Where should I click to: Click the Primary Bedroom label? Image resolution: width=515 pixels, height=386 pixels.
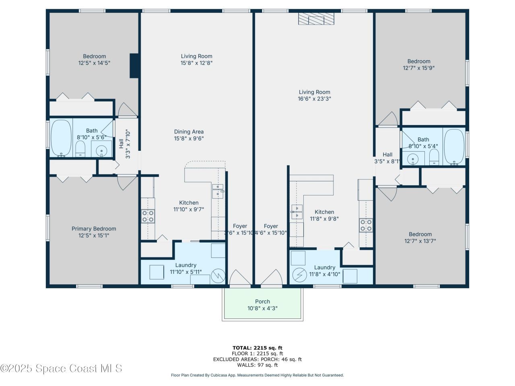[94, 229]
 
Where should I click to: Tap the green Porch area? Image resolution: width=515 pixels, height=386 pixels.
[262, 306]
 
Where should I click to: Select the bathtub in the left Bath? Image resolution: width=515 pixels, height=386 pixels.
[62, 138]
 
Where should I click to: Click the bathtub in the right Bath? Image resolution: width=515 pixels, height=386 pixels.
[454, 147]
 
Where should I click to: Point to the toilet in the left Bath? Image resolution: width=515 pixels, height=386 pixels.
[80, 149]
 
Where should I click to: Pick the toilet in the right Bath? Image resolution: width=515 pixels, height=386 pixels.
[433, 157]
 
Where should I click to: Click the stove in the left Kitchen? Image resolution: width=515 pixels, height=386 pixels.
[148, 216]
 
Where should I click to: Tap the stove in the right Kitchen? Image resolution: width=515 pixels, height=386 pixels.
[366, 225]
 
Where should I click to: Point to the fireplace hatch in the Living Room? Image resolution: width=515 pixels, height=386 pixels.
[316, 19]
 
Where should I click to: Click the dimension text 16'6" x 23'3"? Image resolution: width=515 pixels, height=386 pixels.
[314, 99]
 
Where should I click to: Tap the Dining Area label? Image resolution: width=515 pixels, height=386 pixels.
[189, 131]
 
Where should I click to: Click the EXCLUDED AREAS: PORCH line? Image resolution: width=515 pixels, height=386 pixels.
[257, 359]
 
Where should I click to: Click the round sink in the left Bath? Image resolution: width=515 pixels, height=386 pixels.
[101, 151]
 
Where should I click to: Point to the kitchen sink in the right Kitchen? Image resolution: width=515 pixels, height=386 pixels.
[297, 211]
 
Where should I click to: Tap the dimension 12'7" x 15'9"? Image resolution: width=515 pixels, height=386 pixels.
[419, 68]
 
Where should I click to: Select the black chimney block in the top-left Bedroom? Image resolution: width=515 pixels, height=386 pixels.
[135, 66]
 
